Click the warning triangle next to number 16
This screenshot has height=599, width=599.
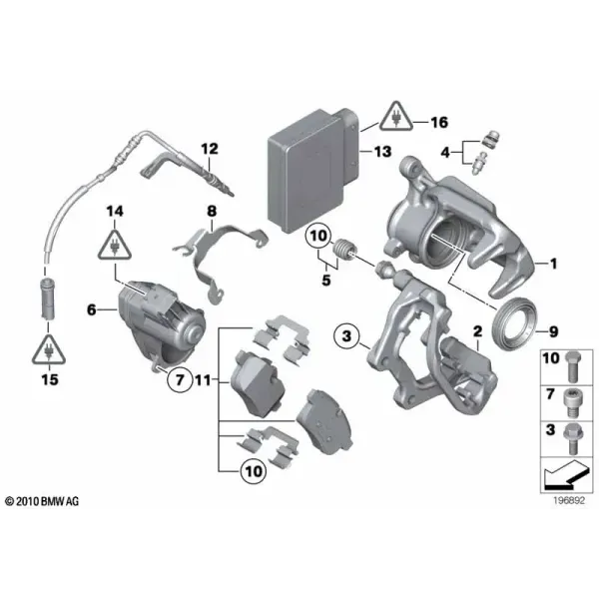coord(396,116)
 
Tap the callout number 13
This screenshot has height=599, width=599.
coord(383,152)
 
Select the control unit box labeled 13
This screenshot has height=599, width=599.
coord(314,171)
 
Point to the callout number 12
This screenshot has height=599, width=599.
coord(210,149)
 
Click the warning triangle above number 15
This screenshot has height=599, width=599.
coord(49,349)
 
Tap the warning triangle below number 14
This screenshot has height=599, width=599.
coord(115,245)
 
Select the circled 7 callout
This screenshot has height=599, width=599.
coord(180,379)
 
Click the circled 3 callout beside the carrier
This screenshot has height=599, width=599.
coord(346,336)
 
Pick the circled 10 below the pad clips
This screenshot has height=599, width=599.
coord(254,471)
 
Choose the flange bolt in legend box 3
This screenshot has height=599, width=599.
coord(572,438)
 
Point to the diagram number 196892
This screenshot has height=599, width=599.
coord(569,500)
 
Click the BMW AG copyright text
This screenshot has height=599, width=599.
coord(42,501)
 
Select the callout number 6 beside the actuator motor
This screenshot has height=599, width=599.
coord(92,309)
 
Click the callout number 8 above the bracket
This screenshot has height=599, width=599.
coord(212,211)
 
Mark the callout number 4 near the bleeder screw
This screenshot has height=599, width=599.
coord(445,153)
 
